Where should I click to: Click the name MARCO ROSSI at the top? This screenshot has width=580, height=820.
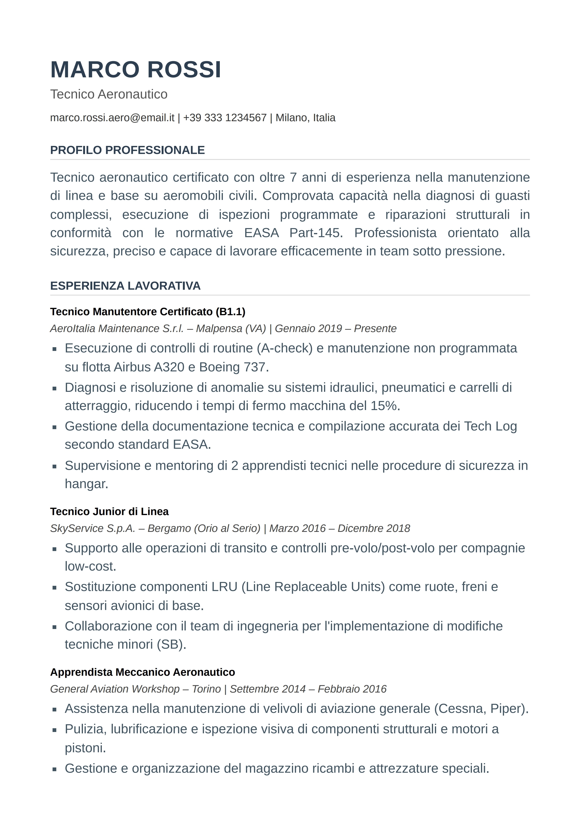tap(136, 69)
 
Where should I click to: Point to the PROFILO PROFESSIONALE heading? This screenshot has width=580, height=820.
tap(127, 150)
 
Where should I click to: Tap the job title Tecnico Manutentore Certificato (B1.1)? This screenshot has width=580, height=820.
tap(148, 312)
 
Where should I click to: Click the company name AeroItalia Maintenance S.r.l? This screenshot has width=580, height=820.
tap(117, 329)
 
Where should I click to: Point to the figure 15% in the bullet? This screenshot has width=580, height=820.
tap(384, 406)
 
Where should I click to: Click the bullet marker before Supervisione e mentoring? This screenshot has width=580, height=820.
tap(54, 466)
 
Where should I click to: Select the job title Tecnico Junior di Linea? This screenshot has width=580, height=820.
tap(109, 511)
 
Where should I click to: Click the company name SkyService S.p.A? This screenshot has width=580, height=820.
tap(93, 528)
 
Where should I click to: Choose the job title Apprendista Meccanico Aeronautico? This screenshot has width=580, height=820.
tap(142, 672)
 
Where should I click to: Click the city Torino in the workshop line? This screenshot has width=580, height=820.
tap(206, 689)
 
